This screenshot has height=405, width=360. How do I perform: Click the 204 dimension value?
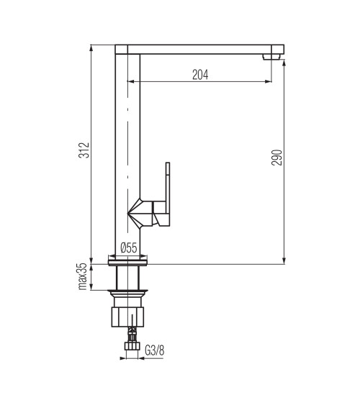[200, 75]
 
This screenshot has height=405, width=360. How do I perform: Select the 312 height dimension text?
[84, 150]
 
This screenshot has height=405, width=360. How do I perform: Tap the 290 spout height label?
[276, 158]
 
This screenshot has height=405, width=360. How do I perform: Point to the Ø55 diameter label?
[129, 248]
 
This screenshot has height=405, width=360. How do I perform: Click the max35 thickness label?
[82, 276]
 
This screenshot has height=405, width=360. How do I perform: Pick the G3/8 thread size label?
[155, 350]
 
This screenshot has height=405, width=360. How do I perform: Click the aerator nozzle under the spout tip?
[271, 57]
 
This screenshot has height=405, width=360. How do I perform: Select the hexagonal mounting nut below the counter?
[127, 317]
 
